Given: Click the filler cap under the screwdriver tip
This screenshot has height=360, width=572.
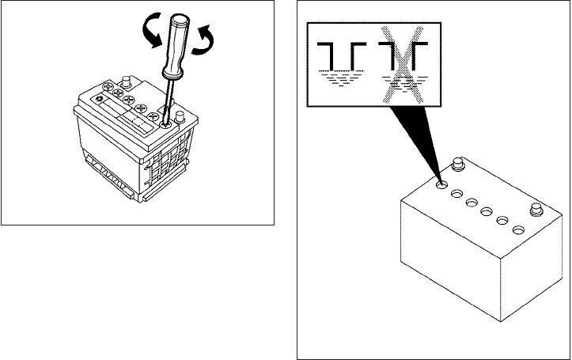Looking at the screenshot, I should (x=166, y=123).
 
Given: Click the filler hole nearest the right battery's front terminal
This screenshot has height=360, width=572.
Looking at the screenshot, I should (x=518, y=230).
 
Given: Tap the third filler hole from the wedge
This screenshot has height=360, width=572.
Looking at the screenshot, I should (x=472, y=203).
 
